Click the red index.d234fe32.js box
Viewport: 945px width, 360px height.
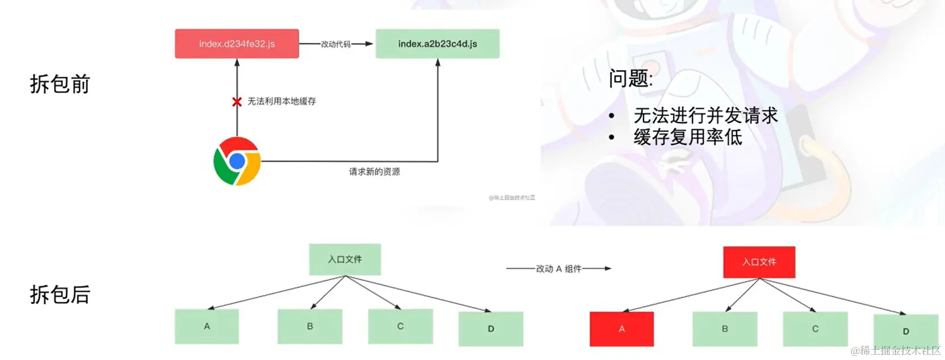tap(237, 44)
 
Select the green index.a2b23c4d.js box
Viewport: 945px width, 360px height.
tap(438, 44)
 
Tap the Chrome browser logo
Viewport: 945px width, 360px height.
tap(237, 161)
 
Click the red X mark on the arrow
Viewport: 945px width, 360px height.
tap(237, 102)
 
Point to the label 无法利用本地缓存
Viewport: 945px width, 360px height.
tap(282, 101)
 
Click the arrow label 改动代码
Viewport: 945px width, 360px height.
tap(336, 44)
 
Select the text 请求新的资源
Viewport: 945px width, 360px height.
tap(375, 171)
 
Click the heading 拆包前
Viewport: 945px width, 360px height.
tap(60, 84)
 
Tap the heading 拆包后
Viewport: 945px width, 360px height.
tap(60, 295)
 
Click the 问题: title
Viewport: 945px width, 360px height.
tap(631, 78)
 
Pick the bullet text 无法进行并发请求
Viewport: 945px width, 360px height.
tap(705, 116)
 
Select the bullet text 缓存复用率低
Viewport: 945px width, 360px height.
tap(688, 137)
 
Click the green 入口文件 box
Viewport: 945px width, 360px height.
tap(345, 259)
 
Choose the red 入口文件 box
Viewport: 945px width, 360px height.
tap(759, 262)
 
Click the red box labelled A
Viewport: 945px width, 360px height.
tap(621, 329)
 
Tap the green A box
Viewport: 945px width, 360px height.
tap(207, 326)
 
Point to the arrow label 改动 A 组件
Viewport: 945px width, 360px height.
tap(558, 269)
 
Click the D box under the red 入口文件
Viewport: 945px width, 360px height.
tap(906, 330)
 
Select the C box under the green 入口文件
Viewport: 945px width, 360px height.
tap(400, 326)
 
